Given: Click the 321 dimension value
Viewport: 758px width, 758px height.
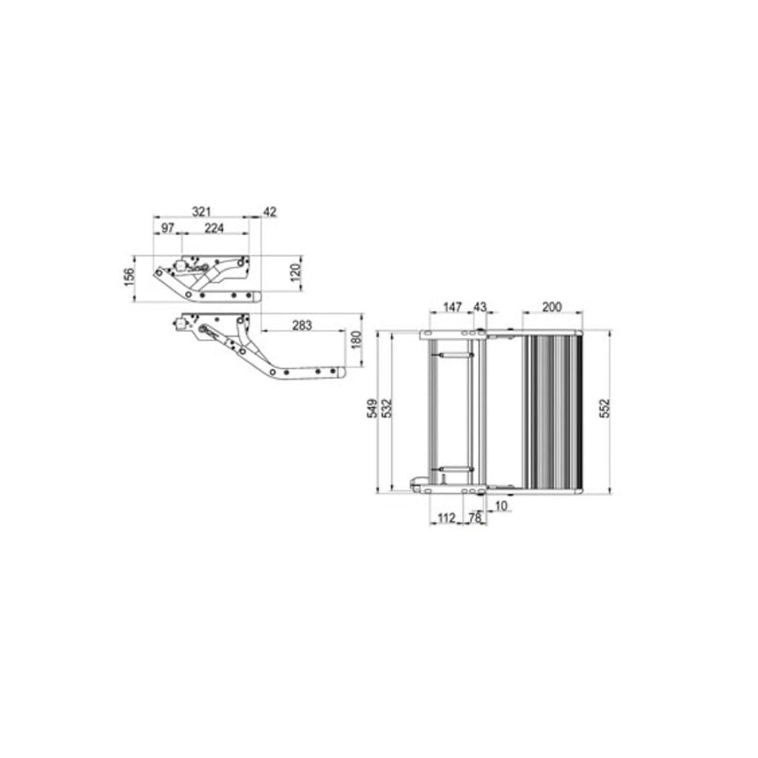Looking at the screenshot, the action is click(x=202, y=211).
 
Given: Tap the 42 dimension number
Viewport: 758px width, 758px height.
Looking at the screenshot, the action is click(x=270, y=211).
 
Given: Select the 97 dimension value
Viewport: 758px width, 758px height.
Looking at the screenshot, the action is click(x=168, y=227).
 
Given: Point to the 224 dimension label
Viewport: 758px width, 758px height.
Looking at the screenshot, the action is click(x=215, y=227).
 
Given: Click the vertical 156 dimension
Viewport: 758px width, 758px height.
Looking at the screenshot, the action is click(x=129, y=277).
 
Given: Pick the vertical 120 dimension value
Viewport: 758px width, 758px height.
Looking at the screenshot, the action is click(x=296, y=271).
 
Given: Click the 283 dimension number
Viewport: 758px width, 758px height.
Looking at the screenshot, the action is click(x=302, y=325).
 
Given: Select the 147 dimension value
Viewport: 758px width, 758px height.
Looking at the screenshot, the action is click(x=453, y=307).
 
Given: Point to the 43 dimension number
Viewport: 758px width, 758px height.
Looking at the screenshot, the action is click(x=480, y=307).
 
